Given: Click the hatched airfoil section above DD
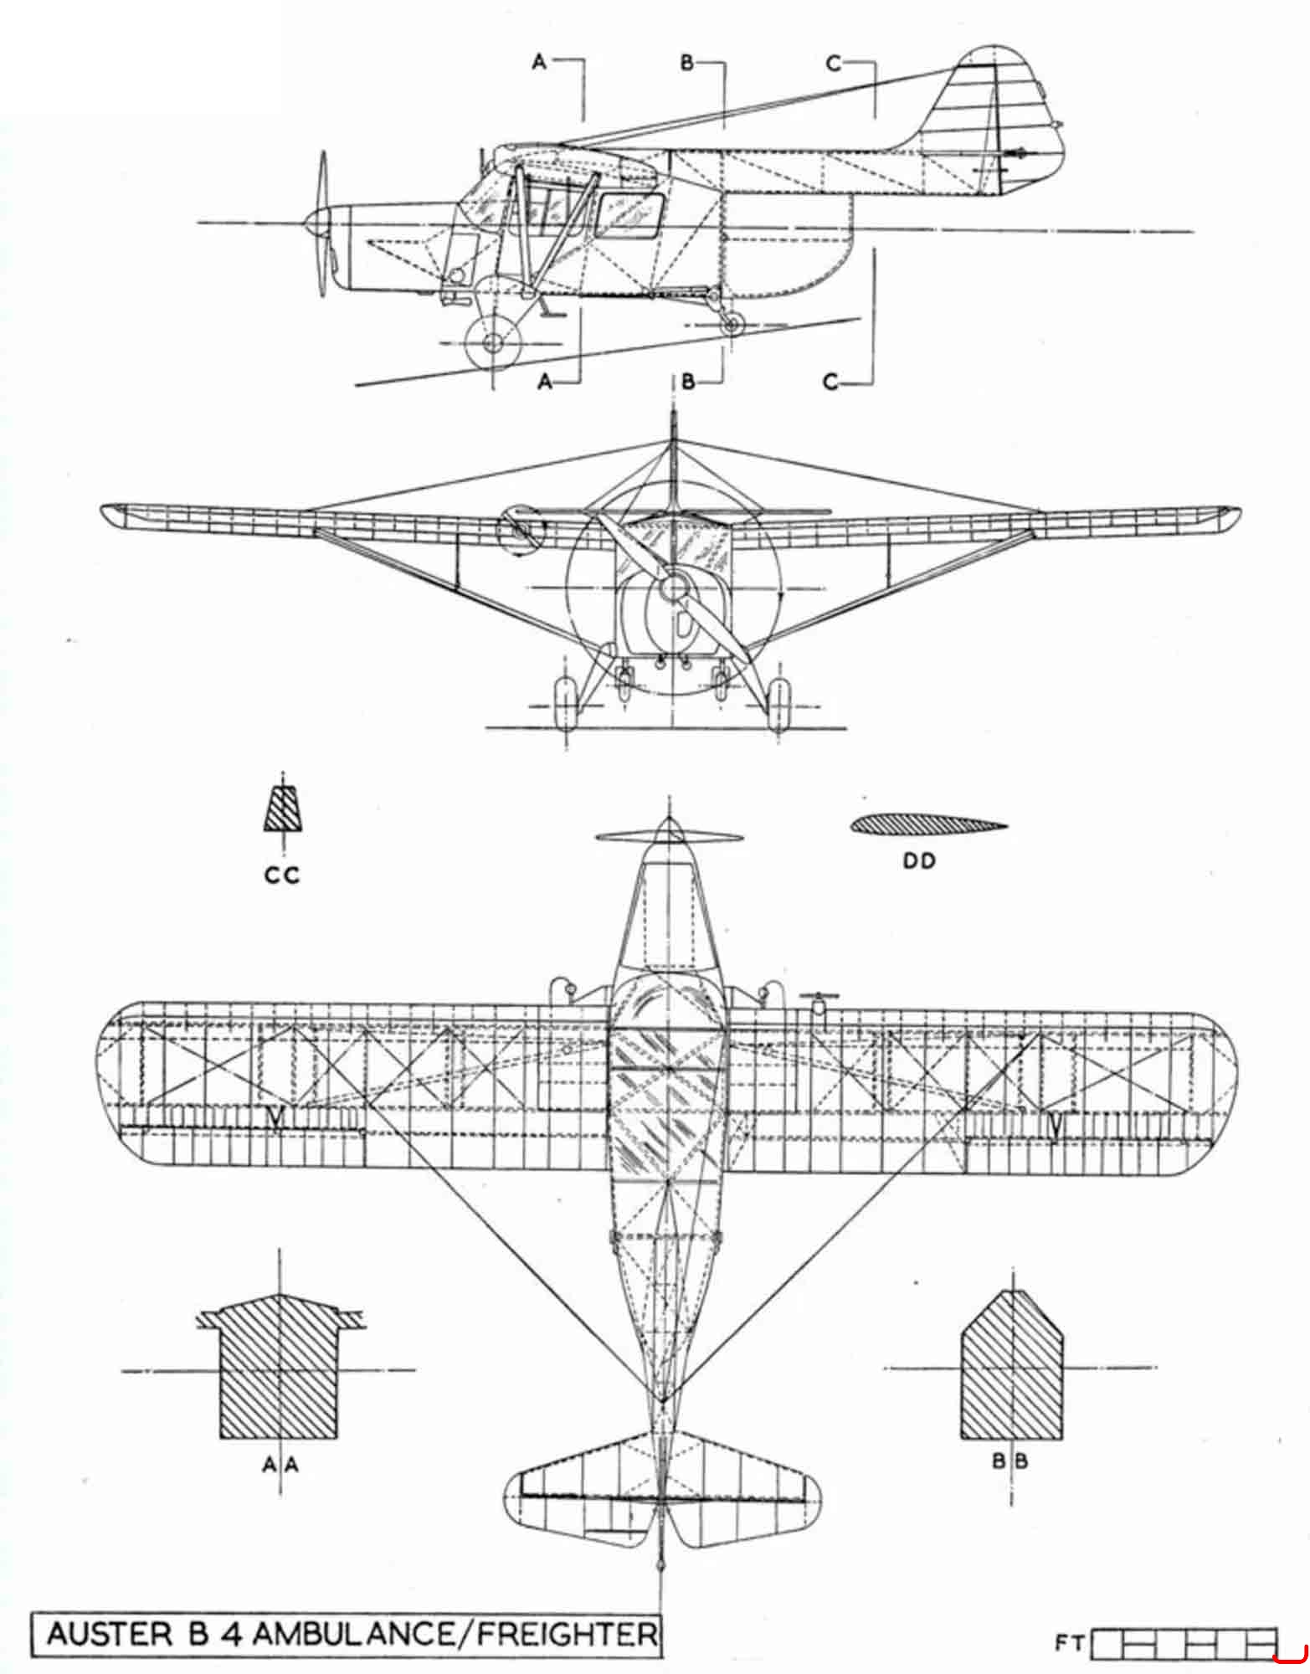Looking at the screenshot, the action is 928,825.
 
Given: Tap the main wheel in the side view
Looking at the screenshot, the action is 492,341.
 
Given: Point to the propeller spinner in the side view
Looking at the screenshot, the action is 317,222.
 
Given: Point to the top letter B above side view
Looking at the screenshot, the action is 686,62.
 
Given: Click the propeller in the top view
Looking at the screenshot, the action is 668,836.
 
